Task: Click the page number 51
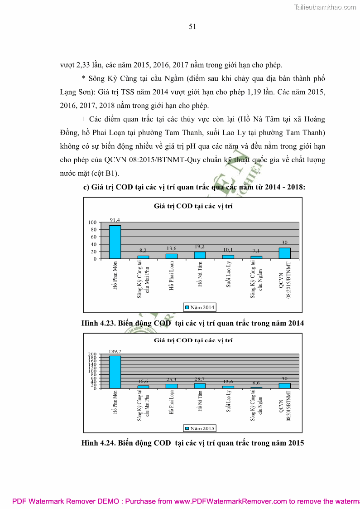tap(192, 27)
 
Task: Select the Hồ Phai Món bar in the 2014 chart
tap(115, 242)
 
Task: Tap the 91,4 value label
tap(115, 220)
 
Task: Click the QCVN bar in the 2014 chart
tap(284, 253)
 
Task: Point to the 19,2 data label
tap(200, 246)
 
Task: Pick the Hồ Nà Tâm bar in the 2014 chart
tap(200, 255)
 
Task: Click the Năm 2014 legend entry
tap(200, 307)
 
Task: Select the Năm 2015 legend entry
tap(200, 428)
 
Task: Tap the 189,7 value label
tap(115, 351)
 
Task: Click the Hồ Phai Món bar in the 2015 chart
tap(115, 372)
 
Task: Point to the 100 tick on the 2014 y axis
tap(92, 223)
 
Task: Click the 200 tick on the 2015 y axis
tap(92, 354)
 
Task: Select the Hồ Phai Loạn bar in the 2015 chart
tap(172, 386)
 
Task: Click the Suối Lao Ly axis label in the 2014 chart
tap(228, 275)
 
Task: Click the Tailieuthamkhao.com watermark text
tap(325, 7)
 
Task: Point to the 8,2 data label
tap(143, 250)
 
